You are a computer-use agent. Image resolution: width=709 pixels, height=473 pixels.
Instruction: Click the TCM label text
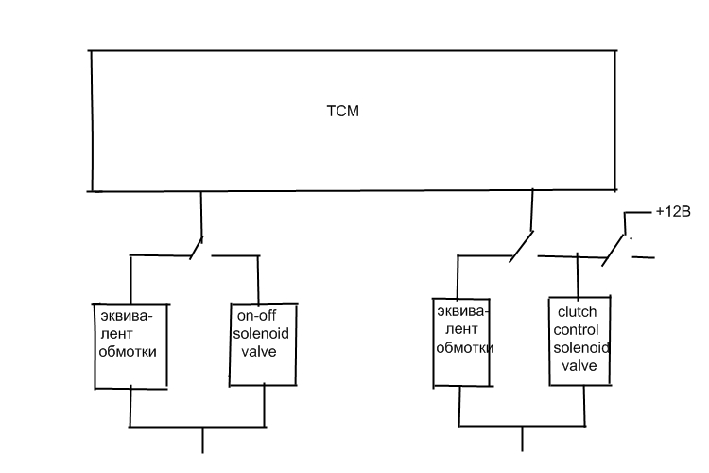343,111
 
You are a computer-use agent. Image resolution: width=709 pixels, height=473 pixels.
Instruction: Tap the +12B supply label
673,211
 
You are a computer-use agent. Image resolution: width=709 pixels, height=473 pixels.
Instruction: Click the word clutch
577,312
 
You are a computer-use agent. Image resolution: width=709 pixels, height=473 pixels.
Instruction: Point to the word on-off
256,315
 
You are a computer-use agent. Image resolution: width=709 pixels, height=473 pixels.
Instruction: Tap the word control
576,330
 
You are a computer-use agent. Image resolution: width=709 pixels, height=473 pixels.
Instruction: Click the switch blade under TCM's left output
197,248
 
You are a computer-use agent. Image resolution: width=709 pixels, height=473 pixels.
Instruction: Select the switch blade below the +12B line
614,251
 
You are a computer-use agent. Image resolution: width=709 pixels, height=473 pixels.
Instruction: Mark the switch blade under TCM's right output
521,247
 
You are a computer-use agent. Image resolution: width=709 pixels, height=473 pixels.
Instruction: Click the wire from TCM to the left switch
201,214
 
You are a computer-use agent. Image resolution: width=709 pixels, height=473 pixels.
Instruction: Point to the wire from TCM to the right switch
532,210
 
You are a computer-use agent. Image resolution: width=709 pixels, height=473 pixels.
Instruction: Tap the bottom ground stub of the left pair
202,440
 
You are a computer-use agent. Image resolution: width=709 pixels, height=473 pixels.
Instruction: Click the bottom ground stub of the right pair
522,439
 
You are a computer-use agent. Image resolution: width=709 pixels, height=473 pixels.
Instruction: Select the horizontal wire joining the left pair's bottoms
198,427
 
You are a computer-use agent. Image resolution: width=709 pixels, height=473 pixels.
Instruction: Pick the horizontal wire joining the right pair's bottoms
522,426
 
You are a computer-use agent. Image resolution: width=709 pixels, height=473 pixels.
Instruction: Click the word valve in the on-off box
259,352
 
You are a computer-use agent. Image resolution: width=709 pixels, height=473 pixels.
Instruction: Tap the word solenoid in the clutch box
581,347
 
